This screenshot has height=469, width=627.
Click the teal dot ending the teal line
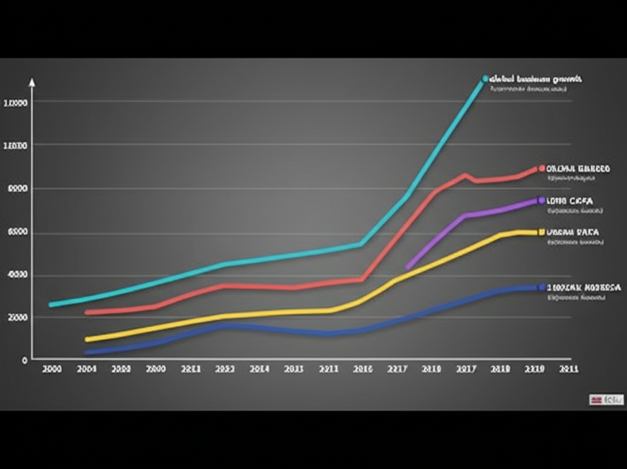(x=485, y=79)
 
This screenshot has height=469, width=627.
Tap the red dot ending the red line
(x=541, y=168)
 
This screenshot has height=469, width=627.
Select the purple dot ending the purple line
(x=541, y=200)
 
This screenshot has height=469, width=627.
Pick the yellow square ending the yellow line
(x=541, y=232)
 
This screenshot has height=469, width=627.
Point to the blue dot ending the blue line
(x=541, y=287)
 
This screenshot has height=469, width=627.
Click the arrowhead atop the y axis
(x=32, y=81)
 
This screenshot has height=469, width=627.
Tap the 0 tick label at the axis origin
(x=24, y=360)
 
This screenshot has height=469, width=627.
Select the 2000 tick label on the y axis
(x=16, y=317)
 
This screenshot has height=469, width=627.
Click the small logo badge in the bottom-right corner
(x=606, y=400)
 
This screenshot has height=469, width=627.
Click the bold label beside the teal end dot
(x=536, y=79)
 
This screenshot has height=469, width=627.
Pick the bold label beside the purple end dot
(x=570, y=201)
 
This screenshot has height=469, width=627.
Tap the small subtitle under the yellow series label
(x=575, y=242)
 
